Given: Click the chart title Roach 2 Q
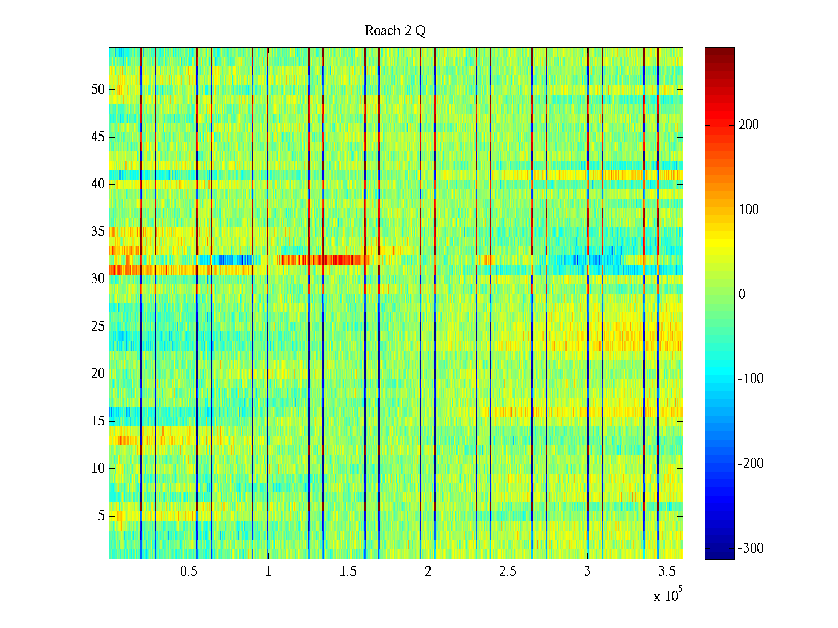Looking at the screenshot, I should pos(395,31).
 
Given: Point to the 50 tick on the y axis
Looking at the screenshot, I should pos(98,89).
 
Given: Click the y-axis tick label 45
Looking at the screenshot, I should pos(98,137).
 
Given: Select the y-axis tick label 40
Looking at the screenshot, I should pos(98,184).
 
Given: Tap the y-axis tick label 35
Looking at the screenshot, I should pos(98,232).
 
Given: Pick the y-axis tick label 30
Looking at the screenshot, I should pos(98,279).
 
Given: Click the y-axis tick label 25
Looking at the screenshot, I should pos(98,327).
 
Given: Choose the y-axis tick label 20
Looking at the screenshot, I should pos(98,374).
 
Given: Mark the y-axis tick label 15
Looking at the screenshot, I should pos(98,421).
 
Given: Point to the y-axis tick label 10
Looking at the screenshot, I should pos(98,468).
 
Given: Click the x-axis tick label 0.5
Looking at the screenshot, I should pos(189,571).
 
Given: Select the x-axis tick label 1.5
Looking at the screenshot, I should pos(348,571).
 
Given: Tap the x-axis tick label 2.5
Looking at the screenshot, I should pos(508,571).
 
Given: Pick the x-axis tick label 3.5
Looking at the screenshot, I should pos(667,571).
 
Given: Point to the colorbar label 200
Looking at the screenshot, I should pos(748,125).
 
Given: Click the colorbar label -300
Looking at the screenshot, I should pos(751,548).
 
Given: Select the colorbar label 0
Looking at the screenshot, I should pos(742,295).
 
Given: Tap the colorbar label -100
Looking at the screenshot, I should pos(751,379).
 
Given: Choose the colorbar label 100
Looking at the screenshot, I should pos(748,210).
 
